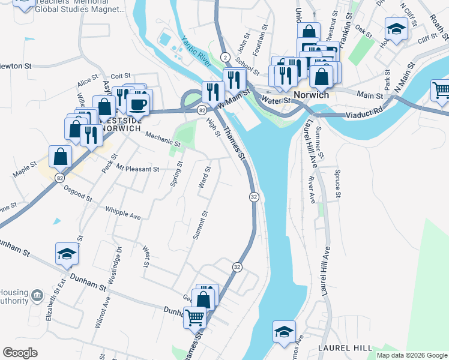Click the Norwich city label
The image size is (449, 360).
pyautogui.click(x=311, y=95)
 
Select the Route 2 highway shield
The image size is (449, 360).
pyautogui.click(x=224, y=57)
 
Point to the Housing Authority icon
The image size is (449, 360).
pyautogui.click(x=37, y=295)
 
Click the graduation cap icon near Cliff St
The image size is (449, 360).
pyautogui.click(x=396, y=29)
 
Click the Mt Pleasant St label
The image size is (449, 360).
pyautogui.click(x=137, y=169)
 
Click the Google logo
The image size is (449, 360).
pyautogui.click(x=20, y=353)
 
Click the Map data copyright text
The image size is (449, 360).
pyautogui.click(x=411, y=355)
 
